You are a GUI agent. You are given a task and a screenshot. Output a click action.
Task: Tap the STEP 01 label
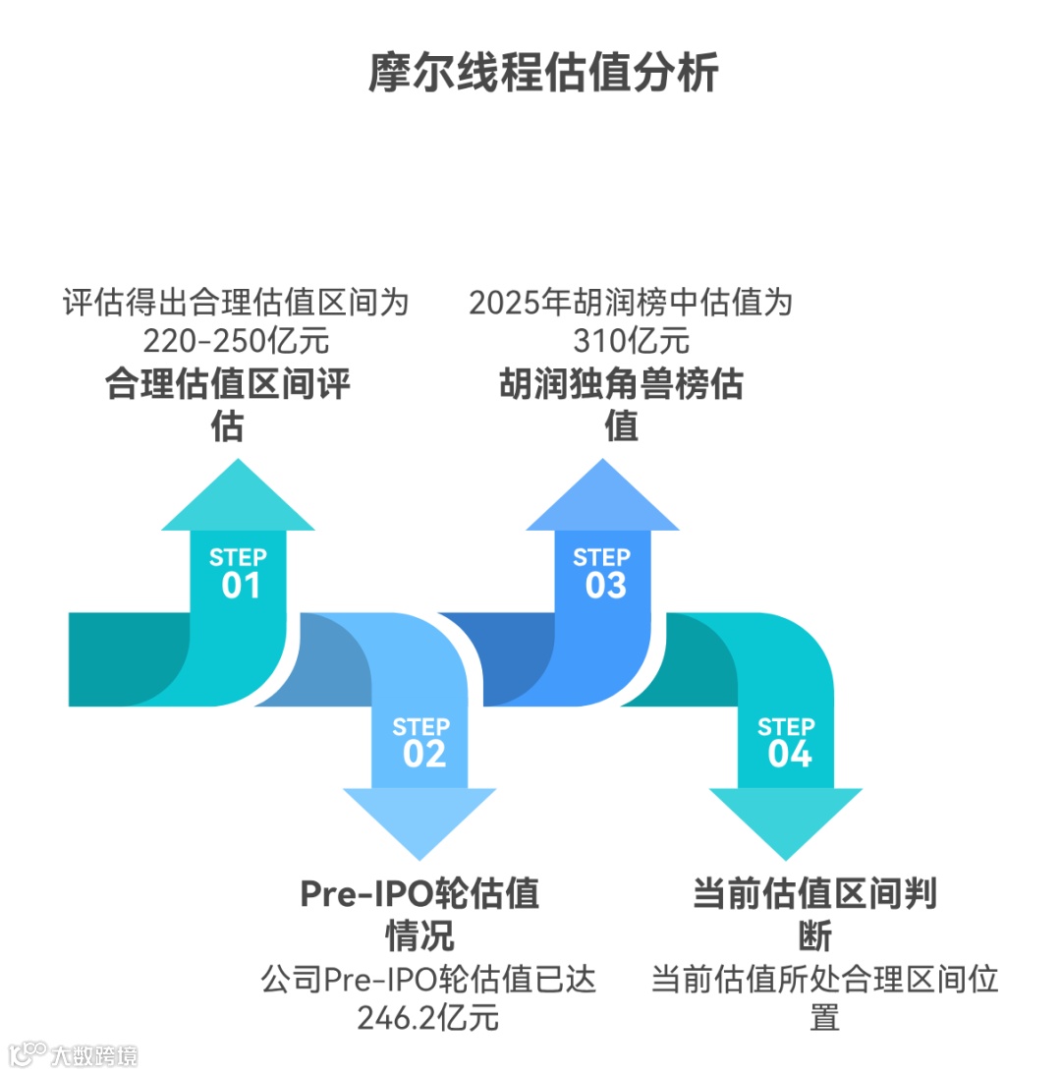[239, 573]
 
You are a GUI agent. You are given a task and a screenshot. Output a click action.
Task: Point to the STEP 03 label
[603, 573]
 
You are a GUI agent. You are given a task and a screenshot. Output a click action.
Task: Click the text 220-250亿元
[235, 341]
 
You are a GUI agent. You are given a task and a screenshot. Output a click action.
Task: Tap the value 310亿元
[631, 341]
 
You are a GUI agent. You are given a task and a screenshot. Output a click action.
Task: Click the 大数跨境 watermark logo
[74, 1055]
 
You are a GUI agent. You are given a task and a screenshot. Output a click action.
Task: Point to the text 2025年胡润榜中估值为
[631, 302]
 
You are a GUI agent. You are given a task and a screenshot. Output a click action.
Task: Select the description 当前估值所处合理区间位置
[824, 997]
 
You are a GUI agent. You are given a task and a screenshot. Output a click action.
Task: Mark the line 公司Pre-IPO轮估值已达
[428, 980]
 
